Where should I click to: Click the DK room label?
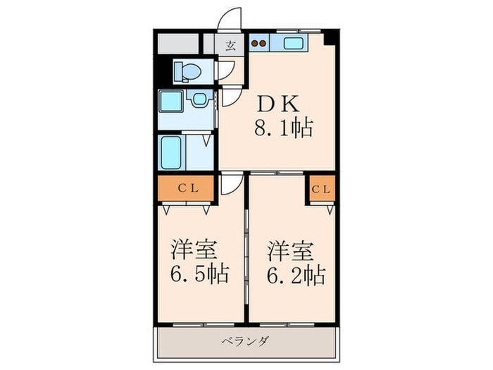pos(278,104)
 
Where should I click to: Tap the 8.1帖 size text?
pos(284,128)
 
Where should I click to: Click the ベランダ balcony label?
pos(245,340)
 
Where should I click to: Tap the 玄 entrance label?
pos(230,47)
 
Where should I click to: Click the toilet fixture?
pos(188,72)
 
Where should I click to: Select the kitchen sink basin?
pos(294,43)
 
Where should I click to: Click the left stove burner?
pos(255,44)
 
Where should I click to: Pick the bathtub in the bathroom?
pos(171,152)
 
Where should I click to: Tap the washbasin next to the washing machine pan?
pos(199,99)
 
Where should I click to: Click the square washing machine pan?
pos(171,101)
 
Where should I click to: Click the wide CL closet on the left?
pos(186,188)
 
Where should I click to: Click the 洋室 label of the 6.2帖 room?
pos(290,251)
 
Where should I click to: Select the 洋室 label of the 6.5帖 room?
pos(194,249)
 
